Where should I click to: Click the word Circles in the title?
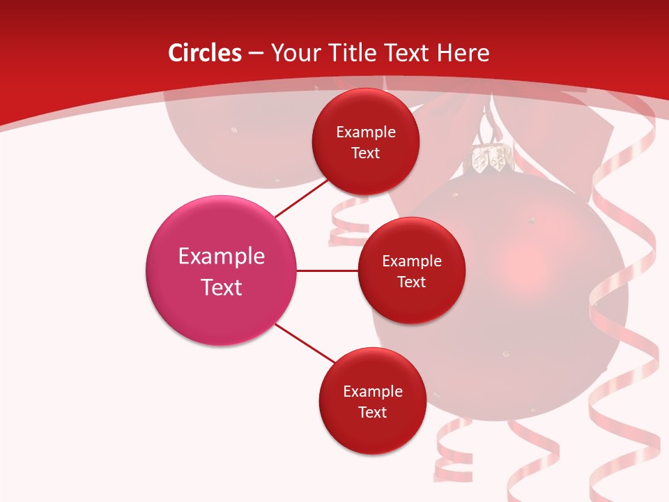pyautogui.click(x=204, y=53)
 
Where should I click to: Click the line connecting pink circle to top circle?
pyautogui.click(x=302, y=198)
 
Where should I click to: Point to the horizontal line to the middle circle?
pyautogui.click(x=327, y=271)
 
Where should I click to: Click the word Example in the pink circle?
pyautogui.click(x=222, y=256)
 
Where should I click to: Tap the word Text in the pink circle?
pyautogui.click(x=222, y=287)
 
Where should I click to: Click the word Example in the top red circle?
pyautogui.click(x=365, y=132)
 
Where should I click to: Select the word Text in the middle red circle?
pyautogui.click(x=411, y=282)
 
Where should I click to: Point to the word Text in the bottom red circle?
pyautogui.click(x=372, y=412)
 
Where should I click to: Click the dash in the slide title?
pyautogui.click(x=255, y=54)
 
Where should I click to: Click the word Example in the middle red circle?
pyautogui.click(x=411, y=261)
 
